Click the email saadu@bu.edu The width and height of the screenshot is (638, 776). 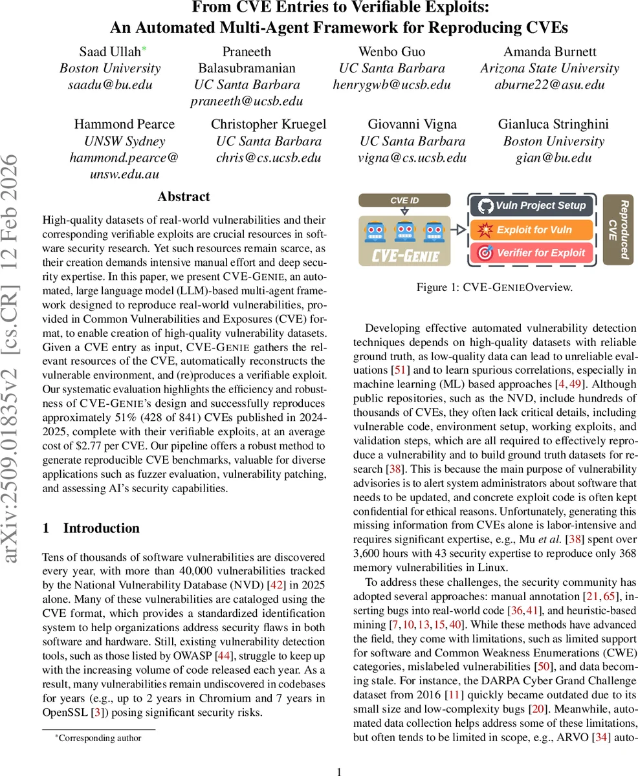pos(110,85)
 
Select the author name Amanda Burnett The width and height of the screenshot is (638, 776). pos(549,52)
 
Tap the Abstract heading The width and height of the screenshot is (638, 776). pos(184,197)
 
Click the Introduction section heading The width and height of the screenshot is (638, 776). pos(101,528)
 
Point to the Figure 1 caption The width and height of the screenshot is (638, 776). pos(495,287)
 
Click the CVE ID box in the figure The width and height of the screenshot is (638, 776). pos(404,200)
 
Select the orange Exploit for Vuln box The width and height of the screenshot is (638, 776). pos(531,230)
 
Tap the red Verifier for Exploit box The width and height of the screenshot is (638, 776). pos(531,253)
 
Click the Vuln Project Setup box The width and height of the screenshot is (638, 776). pos(531,206)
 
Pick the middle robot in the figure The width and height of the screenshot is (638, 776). pos(404,231)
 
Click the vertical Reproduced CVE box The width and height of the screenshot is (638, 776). pos(617,230)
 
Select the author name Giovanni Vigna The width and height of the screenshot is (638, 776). pos(412,124)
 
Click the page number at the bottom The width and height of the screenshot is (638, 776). pos(340,771)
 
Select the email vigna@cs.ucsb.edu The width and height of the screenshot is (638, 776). pos(412,158)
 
